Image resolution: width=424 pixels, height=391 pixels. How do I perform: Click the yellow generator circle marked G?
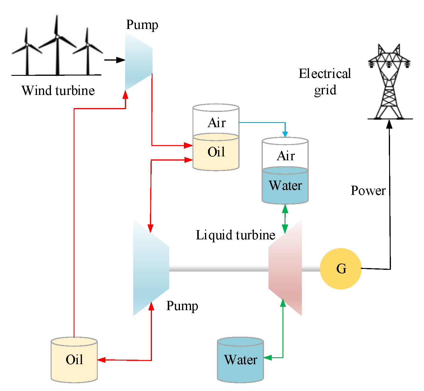click(x=340, y=269)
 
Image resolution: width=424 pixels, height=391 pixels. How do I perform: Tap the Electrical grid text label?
click(x=325, y=81)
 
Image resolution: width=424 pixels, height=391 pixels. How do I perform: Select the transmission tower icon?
click(x=389, y=82)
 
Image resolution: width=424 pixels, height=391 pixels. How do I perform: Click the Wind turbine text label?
click(x=58, y=90)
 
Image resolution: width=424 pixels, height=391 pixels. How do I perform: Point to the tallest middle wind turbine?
click(x=57, y=45)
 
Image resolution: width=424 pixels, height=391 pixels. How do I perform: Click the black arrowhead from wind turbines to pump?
click(x=120, y=60)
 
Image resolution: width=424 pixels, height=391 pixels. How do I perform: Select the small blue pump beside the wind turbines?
click(x=139, y=61)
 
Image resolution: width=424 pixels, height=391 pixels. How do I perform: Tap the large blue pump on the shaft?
click(x=151, y=268)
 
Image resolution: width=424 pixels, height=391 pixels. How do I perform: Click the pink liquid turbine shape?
click(x=285, y=268)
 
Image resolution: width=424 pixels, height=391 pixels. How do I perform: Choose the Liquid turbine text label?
click(x=235, y=235)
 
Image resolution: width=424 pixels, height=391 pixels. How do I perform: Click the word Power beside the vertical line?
click(x=368, y=190)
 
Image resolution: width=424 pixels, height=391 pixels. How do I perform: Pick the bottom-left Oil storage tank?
click(x=74, y=360)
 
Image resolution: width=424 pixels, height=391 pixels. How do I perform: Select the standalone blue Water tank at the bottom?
click(x=240, y=360)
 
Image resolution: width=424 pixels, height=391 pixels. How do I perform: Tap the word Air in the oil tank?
click(x=217, y=123)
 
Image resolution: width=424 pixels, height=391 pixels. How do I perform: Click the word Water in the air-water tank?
click(x=285, y=186)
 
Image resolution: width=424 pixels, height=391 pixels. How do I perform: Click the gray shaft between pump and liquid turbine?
click(x=219, y=269)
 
